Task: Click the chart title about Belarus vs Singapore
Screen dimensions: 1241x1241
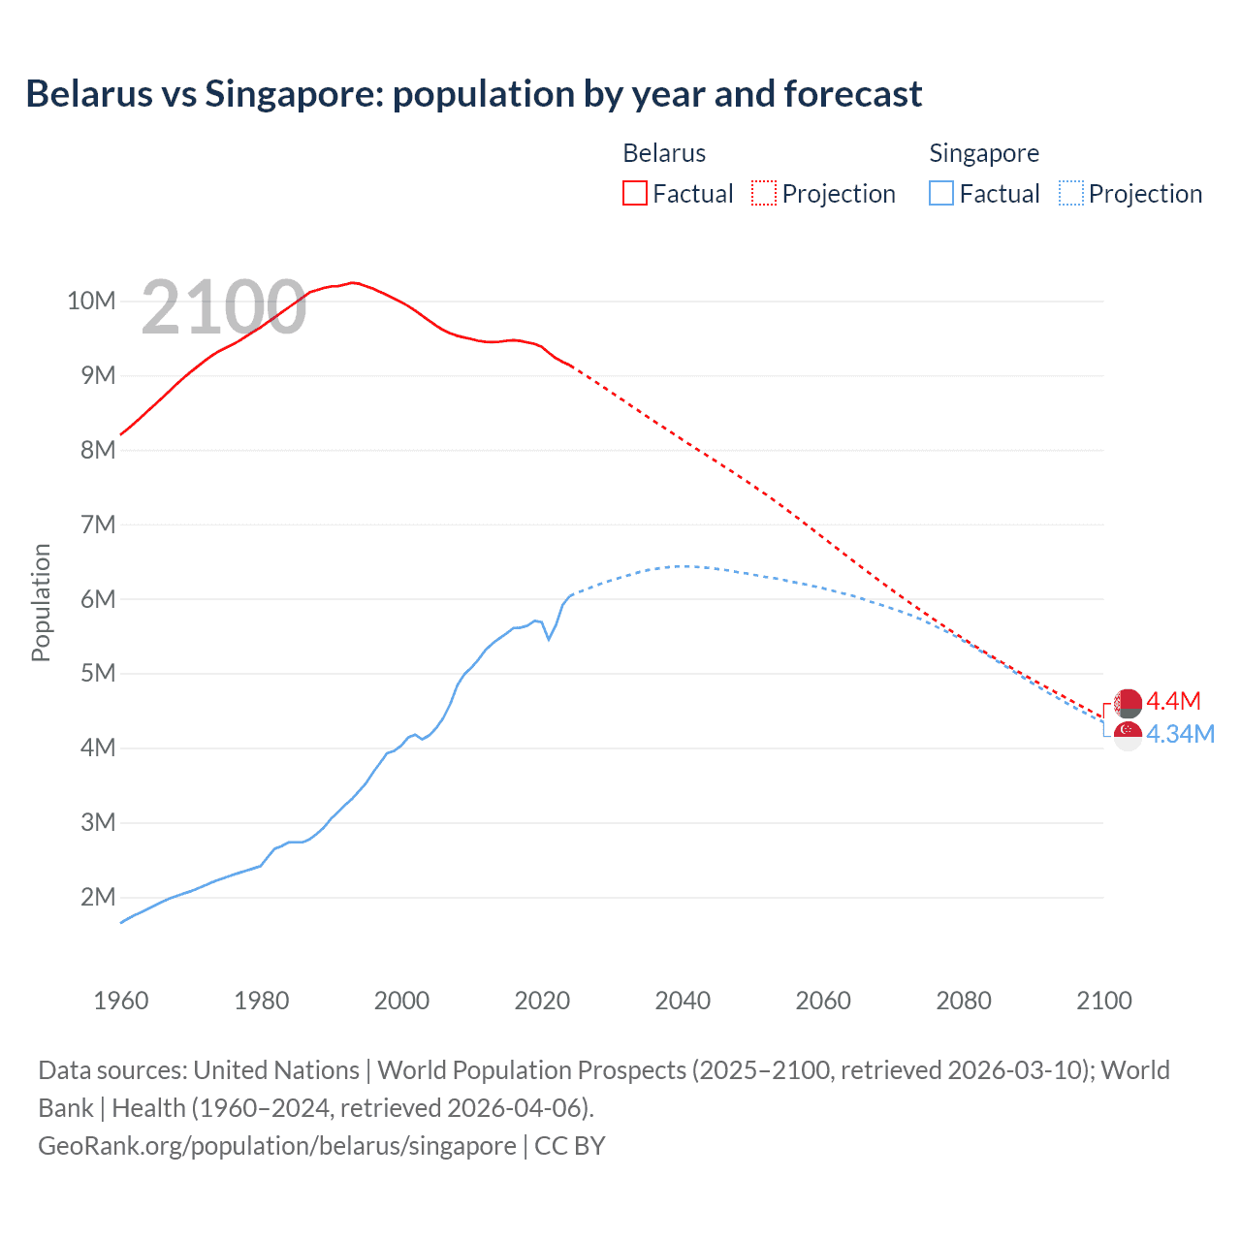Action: click(x=473, y=94)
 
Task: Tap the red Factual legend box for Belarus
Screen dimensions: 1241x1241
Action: click(x=634, y=193)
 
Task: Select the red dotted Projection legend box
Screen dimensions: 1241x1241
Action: click(x=764, y=193)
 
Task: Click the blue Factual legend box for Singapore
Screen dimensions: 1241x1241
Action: click(x=941, y=193)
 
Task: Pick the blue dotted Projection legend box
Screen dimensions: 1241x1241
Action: click(x=1070, y=193)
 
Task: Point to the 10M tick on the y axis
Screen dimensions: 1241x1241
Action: click(x=91, y=301)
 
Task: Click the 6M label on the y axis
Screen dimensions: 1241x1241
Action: click(x=97, y=599)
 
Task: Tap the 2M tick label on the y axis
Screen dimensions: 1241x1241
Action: click(x=97, y=897)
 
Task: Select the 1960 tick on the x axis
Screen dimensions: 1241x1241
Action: click(x=121, y=1001)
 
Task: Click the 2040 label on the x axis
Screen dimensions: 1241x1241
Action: click(x=683, y=1001)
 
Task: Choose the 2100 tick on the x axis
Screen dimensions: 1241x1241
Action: click(x=1103, y=1001)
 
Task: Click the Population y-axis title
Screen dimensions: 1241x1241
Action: click(x=41, y=602)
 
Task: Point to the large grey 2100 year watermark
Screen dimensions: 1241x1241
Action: click(x=224, y=308)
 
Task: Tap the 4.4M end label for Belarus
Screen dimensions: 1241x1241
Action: click(x=1173, y=701)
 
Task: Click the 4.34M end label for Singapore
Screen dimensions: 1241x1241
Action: click(x=1180, y=734)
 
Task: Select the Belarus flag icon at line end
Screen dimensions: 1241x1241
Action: click(x=1128, y=703)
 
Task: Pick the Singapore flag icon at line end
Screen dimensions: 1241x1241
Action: click(x=1128, y=735)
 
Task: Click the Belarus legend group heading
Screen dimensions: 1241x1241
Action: click(x=664, y=153)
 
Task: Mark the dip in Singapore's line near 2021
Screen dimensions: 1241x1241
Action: click(x=549, y=639)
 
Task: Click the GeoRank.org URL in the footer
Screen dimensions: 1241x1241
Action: click(x=277, y=1145)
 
